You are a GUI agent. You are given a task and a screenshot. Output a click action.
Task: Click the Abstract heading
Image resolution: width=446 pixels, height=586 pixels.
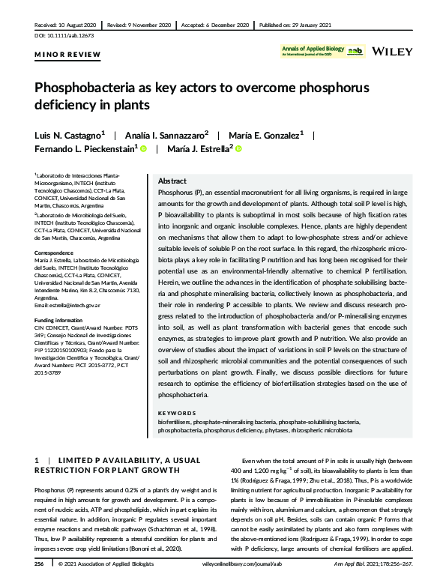coord(172,182)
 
